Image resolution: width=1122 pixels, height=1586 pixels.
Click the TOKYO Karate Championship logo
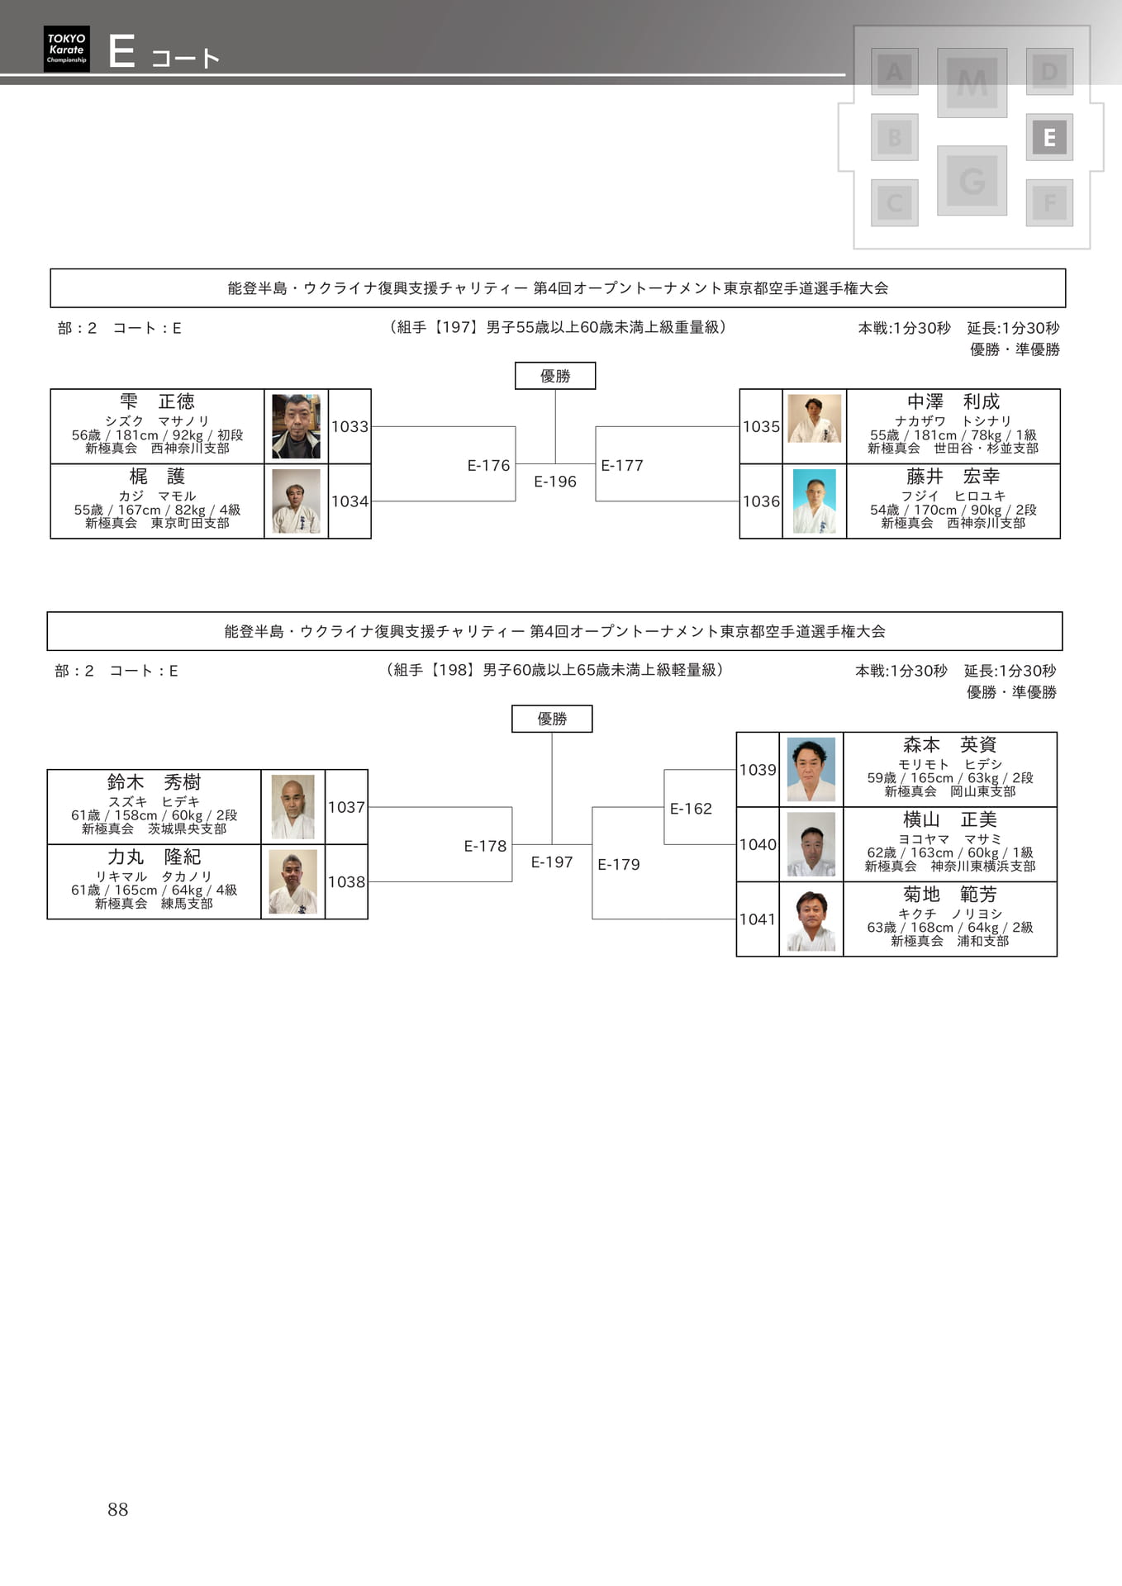click(x=66, y=49)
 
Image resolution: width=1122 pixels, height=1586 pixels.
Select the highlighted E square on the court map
click(x=1049, y=137)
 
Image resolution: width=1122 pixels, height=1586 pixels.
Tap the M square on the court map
click(x=972, y=83)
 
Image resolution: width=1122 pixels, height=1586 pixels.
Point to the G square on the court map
click(x=972, y=180)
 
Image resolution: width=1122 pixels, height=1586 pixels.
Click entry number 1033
click(x=349, y=426)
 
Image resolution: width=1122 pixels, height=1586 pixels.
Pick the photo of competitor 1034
click(x=296, y=501)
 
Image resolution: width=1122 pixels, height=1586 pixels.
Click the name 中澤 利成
click(x=953, y=401)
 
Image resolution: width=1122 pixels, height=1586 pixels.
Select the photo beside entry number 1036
click(x=815, y=501)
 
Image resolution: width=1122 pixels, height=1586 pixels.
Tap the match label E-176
click(x=488, y=465)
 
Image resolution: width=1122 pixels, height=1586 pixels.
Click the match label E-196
click(x=555, y=482)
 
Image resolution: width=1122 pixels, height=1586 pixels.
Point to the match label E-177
click(x=622, y=465)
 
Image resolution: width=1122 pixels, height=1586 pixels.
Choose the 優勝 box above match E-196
click(x=555, y=376)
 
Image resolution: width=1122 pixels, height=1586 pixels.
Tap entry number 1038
click(x=346, y=881)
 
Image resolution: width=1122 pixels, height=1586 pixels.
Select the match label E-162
click(x=691, y=808)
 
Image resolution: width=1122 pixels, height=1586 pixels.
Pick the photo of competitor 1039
click(x=811, y=770)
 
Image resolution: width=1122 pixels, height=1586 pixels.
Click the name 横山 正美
click(x=950, y=819)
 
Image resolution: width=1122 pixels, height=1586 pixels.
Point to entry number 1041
click(x=758, y=919)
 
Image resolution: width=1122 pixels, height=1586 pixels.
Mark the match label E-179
click(x=619, y=864)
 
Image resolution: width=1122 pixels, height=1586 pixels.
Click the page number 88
click(x=118, y=1509)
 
